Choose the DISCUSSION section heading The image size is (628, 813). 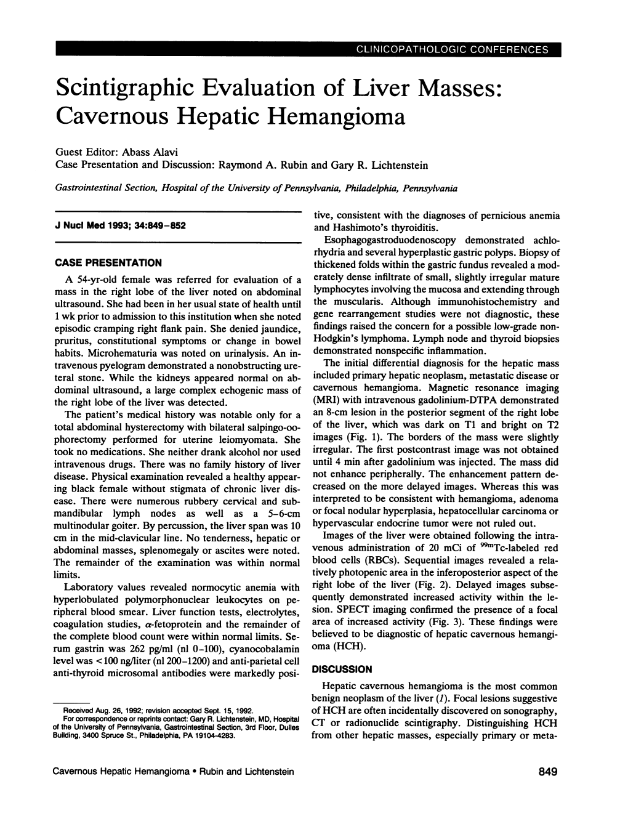[342, 669]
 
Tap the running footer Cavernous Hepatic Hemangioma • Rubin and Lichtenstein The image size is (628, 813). [175, 772]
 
